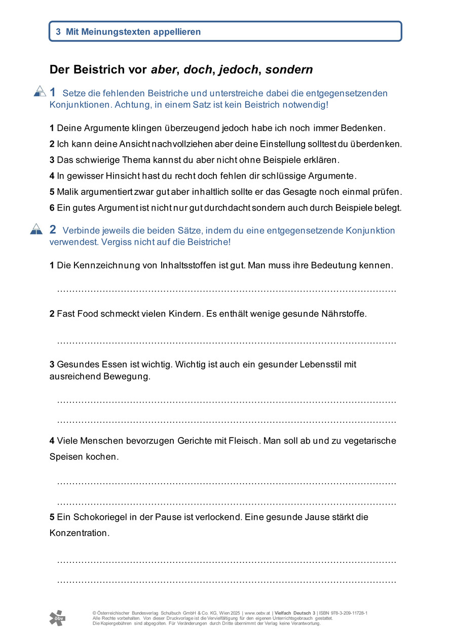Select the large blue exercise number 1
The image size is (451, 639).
pyautogui.click(x=53, y=92)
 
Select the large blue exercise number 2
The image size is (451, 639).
pyautogui.click(x=53, y=229)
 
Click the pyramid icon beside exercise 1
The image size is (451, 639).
pyautogui.click(x=40, y=91)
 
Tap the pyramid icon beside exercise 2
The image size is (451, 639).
pyautogui.click(x=36, y=229)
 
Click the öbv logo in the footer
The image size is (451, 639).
pyautogui.click(x=57, y=618)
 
